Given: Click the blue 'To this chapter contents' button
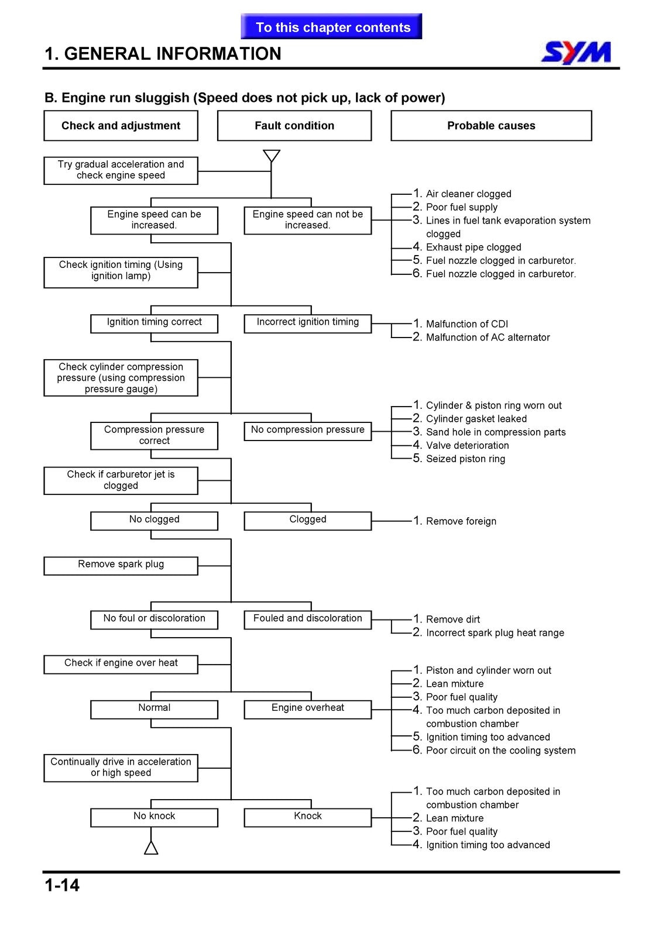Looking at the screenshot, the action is coord(331,26).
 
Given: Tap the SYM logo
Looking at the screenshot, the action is coord(576,52).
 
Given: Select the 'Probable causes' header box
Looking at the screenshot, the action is coord(491,125).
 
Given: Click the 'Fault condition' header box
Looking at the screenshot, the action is coord(294,125).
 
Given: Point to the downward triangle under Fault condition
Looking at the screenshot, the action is coord(272,156).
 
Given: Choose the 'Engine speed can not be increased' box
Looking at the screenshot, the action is coord(307,220).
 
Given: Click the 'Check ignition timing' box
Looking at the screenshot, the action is coord(121,272).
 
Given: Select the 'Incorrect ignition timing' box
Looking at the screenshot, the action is coord(307,324).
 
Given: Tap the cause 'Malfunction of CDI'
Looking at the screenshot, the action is coord(467,324).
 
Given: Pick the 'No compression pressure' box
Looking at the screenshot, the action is coord(307,431).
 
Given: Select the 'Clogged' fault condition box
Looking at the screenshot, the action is coord(307,521).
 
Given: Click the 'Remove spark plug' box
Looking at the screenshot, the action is coord(121,566).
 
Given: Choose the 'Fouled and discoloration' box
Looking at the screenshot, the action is coord(307,620).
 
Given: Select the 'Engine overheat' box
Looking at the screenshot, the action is coord(307,710).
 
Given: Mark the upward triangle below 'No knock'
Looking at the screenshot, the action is coord(151,848).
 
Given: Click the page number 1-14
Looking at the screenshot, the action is coord(62,886).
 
